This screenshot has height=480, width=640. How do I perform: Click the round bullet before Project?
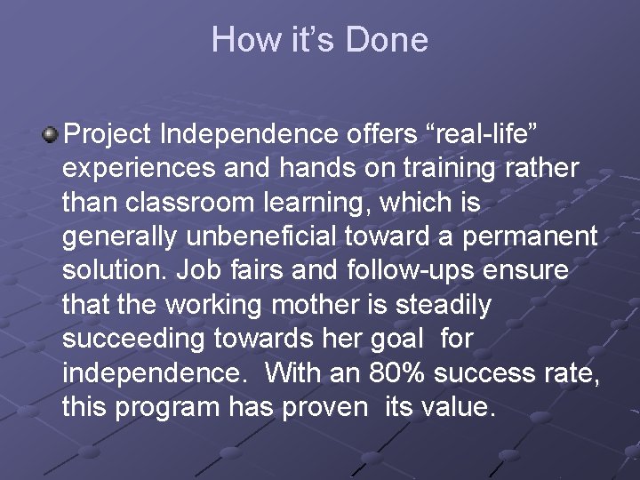click(x=51, y=134)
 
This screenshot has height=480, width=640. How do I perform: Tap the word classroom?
click(x=187, y=202)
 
